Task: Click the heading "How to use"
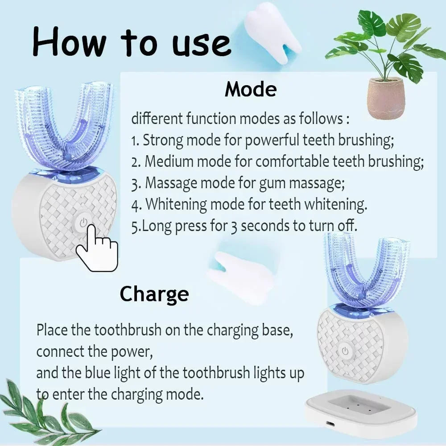[x=132, y=42]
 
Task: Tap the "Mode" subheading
[x=251, y=89]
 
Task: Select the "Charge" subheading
[x=154, y=294]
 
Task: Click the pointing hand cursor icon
[x=96, y=248]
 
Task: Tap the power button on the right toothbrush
[x=345, y=351]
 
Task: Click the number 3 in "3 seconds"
[x=233, y=226]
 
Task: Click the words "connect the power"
[x=95, y=351]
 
